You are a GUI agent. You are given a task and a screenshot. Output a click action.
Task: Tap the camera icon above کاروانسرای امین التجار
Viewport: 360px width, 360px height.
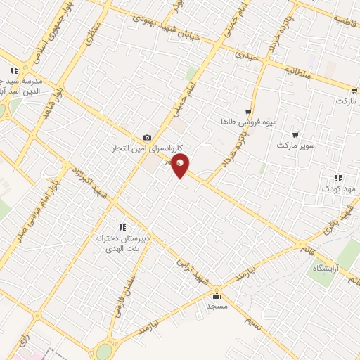click(146, 138)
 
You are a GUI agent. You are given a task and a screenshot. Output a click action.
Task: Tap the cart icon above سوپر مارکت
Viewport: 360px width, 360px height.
click(295, 134)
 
